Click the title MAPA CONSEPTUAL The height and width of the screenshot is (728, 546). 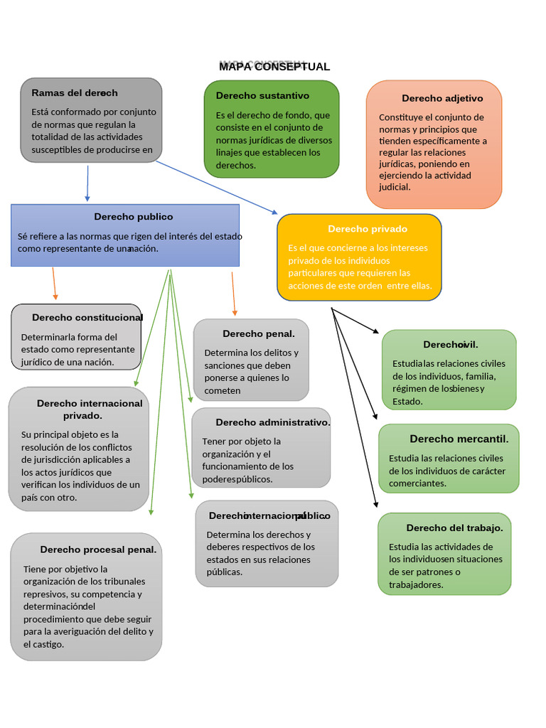(x=274, y=67)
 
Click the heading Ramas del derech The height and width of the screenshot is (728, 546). (x=75, y=93)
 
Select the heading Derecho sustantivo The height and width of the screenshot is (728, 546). (x=262, y=95)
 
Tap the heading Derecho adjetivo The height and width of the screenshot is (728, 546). (x=442, y=98)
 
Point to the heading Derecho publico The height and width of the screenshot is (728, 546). (x=134, y=217)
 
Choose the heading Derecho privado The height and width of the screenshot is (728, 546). (x=368, y=229)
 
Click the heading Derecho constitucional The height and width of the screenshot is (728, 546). (x=87, y=318)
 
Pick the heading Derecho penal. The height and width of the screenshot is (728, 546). (x=258, y=333)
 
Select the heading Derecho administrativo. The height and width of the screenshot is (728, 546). (x=273, y=422)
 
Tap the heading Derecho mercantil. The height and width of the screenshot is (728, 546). (x=459, y=439)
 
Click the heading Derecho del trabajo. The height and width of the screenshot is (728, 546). (x=454, y=528)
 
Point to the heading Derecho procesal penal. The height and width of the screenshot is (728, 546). (x=98, y=550)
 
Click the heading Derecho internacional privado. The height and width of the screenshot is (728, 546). (x=89, y=409)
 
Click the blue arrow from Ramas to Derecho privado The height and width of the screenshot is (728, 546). (x=217, y=188)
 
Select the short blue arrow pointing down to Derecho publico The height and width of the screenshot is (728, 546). (x=87, y=183)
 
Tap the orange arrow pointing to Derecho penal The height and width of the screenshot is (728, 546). (x=233, y=294)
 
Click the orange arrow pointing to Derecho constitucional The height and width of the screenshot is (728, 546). (x=54, y=284)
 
